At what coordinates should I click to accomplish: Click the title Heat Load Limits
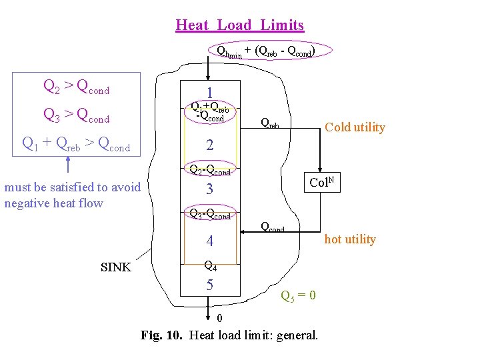tap(239, 25)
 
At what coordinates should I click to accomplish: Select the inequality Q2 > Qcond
tap(76, 86)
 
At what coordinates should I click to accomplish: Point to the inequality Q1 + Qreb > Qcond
tap(76, 143)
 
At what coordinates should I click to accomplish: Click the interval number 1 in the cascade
tap(209, 94)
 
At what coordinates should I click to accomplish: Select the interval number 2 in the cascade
tap(209, 145)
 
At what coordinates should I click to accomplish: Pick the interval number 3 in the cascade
tap(209, 189)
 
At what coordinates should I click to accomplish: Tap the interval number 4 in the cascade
tap(209, 241)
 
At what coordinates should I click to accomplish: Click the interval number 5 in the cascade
tap(209, 285)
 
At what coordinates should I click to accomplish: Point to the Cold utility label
tap(354, 127)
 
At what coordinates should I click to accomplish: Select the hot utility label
tap(350, 239)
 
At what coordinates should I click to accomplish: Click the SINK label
tap(115, 268)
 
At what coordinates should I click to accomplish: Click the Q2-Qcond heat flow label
tap(210, 171)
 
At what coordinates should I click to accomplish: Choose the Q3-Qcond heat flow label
tap(210, 215)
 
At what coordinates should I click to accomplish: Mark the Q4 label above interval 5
tap(209, 265)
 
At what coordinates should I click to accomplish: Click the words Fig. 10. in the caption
tap(163, 335)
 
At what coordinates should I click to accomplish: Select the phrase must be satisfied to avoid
tap(73, 187)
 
